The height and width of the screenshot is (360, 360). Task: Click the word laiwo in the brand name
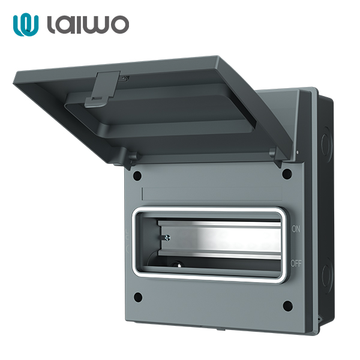pos(86,25)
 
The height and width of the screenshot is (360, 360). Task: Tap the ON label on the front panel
pos(295,229)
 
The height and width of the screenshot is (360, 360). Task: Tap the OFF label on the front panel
pos(296,263)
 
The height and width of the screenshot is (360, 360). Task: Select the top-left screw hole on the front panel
pos(137,176)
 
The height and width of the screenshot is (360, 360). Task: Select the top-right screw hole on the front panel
pos(287,174)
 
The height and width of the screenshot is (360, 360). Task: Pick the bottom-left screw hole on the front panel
pos(138,296)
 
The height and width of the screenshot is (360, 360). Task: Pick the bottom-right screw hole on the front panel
pos(287,306)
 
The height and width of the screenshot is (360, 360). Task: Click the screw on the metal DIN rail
pos(165,238)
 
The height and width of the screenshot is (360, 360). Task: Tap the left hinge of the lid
pos(130,158)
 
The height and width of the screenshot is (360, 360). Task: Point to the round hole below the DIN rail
pos(178,262)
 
